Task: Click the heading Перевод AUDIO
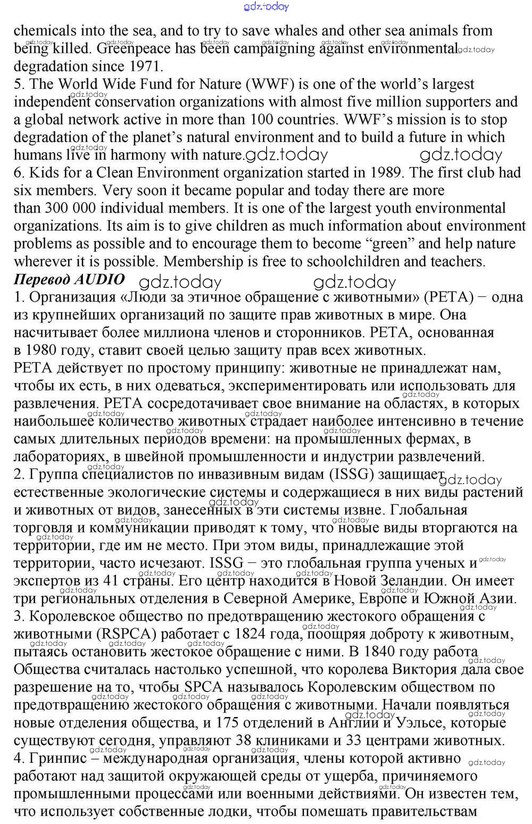(69, 279)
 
